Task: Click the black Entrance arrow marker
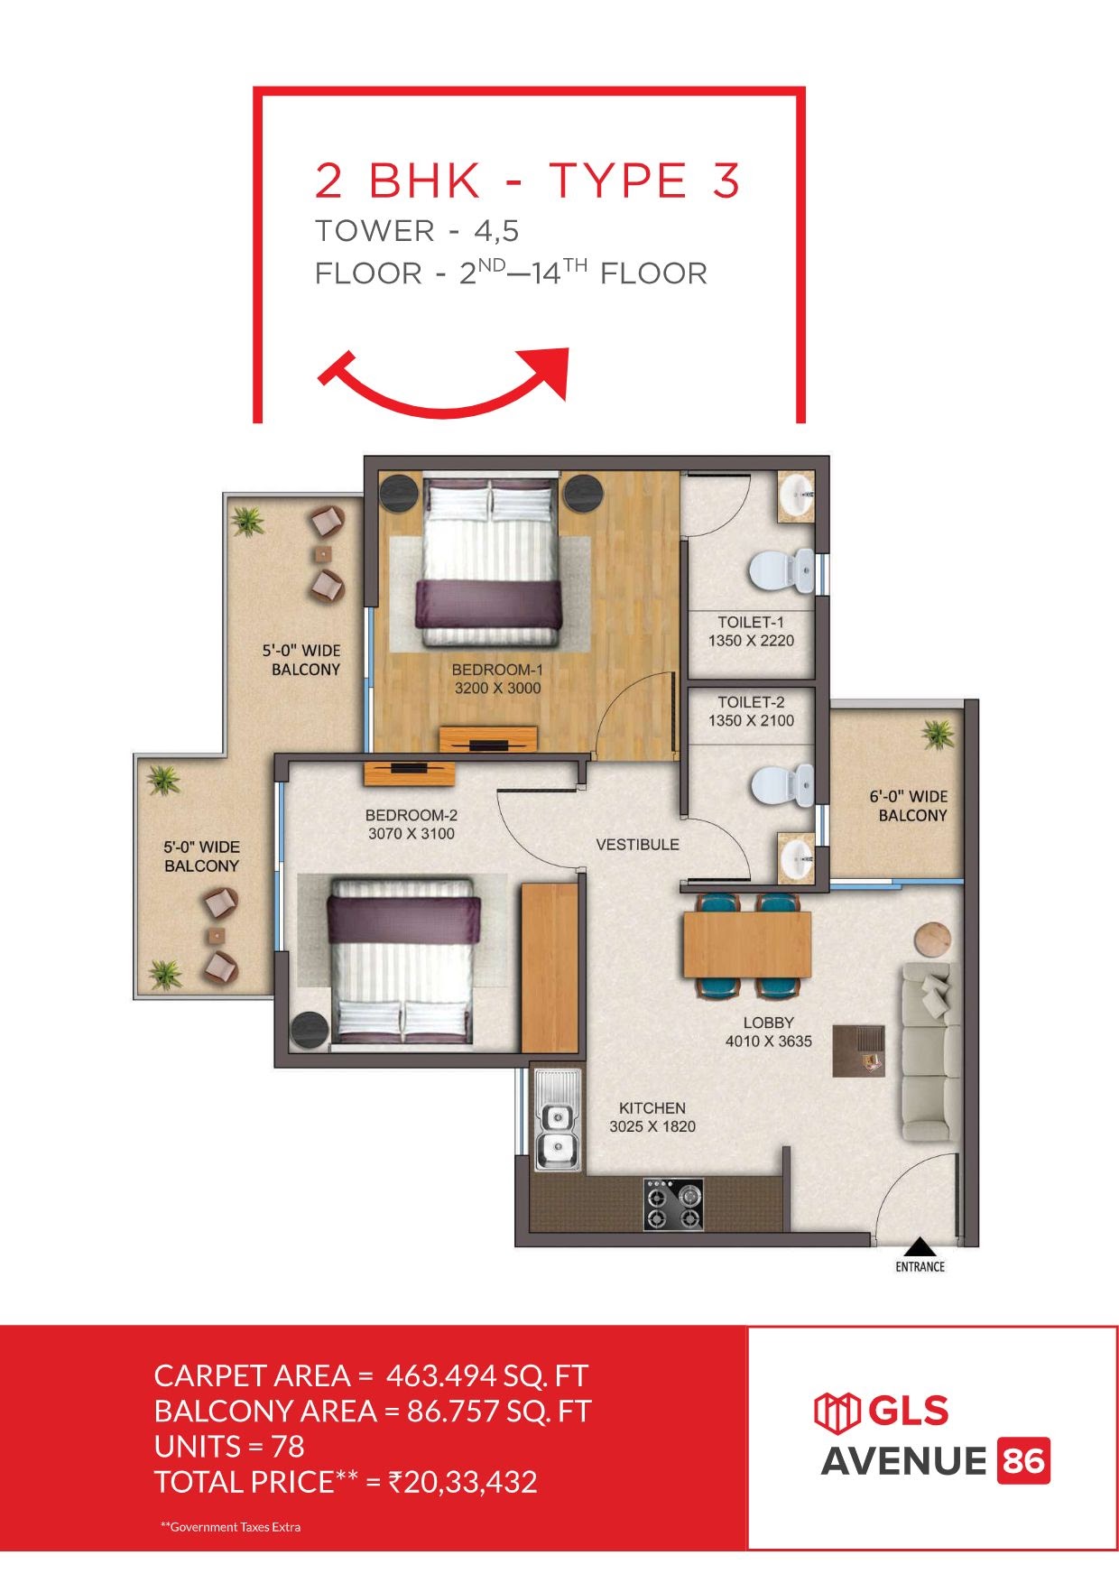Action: pos(920,1246)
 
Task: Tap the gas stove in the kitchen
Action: pos(673,1205)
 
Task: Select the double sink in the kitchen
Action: pos(558,1120)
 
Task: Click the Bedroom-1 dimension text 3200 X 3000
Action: pos(497,688)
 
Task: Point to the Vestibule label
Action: pos(637,845)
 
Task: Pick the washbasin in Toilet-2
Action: pos(795,856)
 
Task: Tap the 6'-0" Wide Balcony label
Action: pos(909,806)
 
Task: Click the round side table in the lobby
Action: pos(932,939)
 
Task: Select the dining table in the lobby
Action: pos(747,945)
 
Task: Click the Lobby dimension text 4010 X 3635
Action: pos(768,1041)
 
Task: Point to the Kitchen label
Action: pos(652,1107)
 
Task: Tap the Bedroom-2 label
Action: pos(412,815)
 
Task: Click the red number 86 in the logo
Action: pos(1023,1461)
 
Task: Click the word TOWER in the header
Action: pos(375,231)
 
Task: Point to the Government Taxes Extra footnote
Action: pos(230,1527)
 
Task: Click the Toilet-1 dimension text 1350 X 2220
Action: pos(751,641)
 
